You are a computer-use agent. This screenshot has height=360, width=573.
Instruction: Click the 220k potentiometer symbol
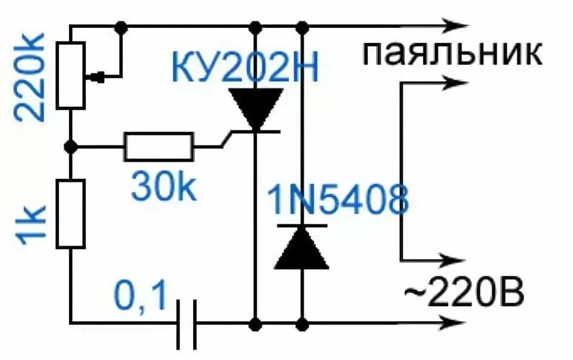pyautogui.click(x=71, y=76)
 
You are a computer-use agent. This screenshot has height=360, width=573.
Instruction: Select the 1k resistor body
pyautogui.click(x=71, y=213)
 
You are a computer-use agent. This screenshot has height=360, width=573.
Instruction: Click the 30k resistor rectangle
pyautogui.click(x=159, y=147)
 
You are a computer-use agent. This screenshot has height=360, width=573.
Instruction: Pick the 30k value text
pyautogui.click(x=164, y=188)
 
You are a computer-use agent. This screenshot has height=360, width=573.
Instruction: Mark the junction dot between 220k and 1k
pyautogui.click(x=71, y=147)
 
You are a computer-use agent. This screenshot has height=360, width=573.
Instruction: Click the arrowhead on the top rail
pyautogui.click(x=457, y=26)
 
